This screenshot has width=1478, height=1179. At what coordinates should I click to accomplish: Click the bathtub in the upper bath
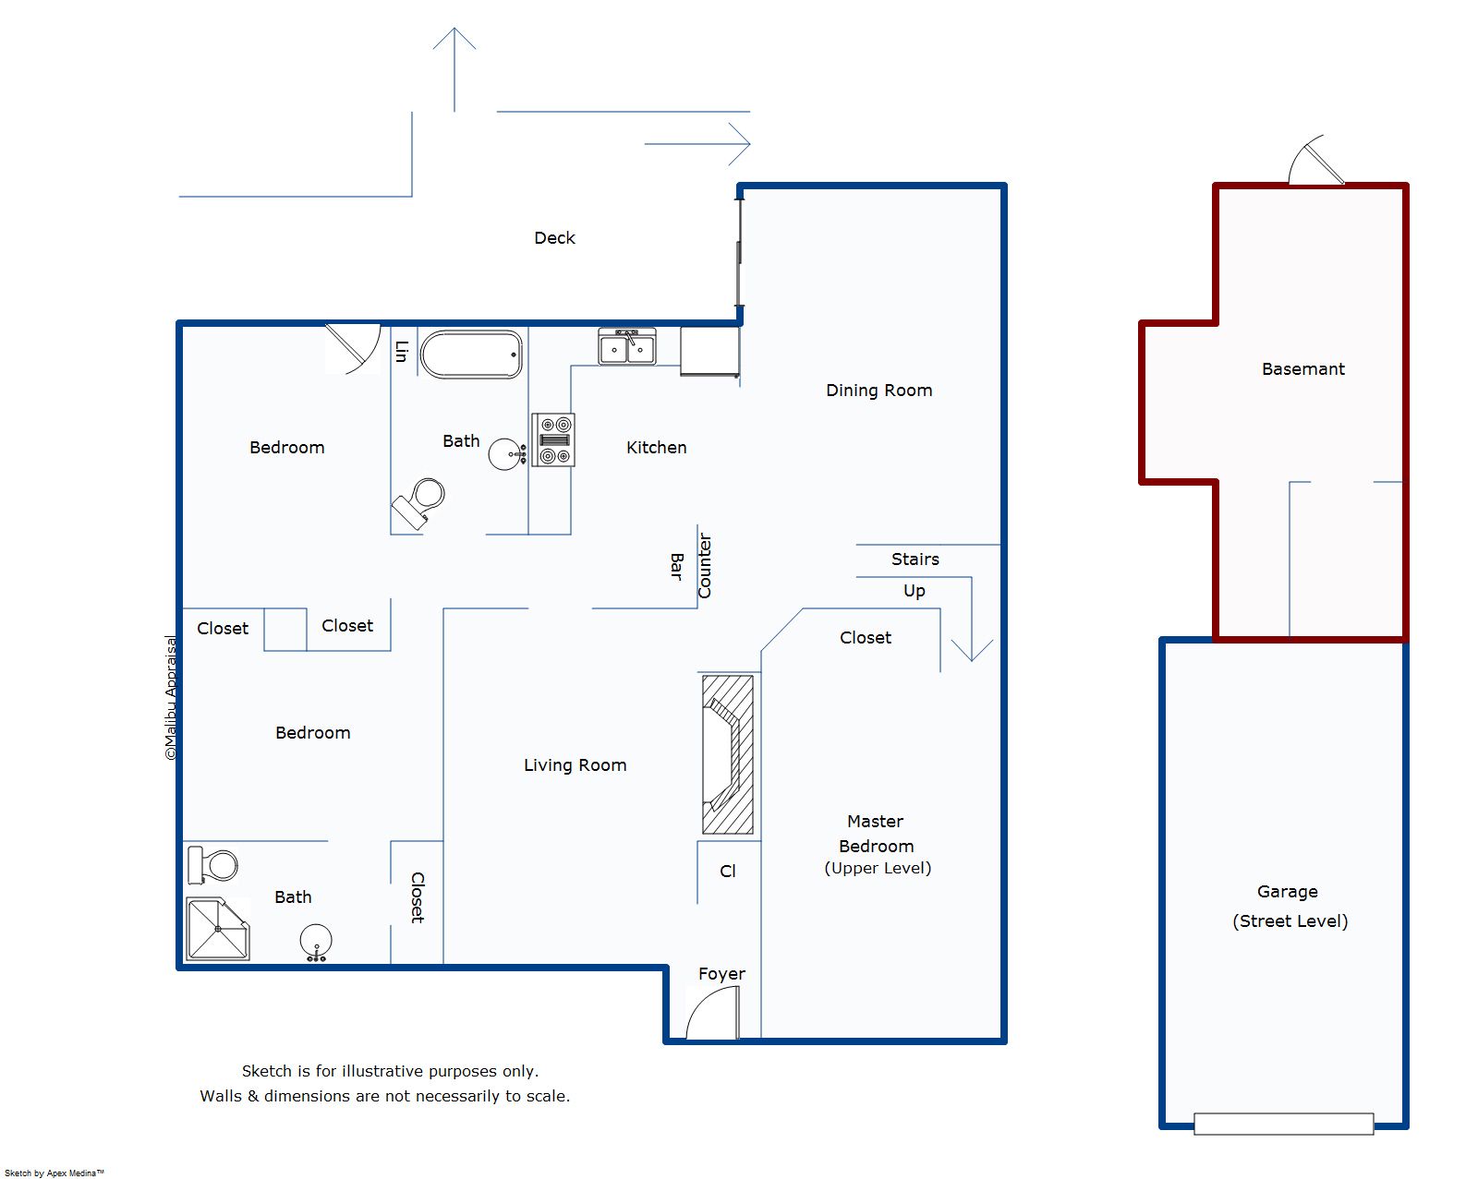471,355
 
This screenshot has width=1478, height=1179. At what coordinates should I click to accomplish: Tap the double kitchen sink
627,347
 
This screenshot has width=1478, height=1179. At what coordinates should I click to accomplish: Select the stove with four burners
553,440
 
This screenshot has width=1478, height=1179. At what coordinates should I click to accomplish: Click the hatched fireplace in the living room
728,754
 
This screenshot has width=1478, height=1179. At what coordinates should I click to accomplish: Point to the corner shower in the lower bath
218,929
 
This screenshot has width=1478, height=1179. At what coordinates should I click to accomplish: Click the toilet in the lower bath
212,865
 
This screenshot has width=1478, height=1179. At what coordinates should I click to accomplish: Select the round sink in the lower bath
316,942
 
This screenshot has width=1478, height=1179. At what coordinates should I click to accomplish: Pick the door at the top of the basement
1316,161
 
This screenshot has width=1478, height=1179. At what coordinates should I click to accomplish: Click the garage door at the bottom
1284,1124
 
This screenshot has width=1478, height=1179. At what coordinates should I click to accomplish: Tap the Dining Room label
879,390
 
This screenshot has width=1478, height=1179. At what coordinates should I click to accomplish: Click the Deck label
555,237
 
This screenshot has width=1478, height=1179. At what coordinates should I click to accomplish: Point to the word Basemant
1303,368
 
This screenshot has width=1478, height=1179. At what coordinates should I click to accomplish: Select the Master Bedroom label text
877,834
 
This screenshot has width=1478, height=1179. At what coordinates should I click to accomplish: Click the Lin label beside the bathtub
402,352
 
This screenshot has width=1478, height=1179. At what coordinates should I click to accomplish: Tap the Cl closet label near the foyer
728,871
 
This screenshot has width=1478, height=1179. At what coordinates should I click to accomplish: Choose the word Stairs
915,559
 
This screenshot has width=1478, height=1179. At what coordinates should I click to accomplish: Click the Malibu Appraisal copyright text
171,698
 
